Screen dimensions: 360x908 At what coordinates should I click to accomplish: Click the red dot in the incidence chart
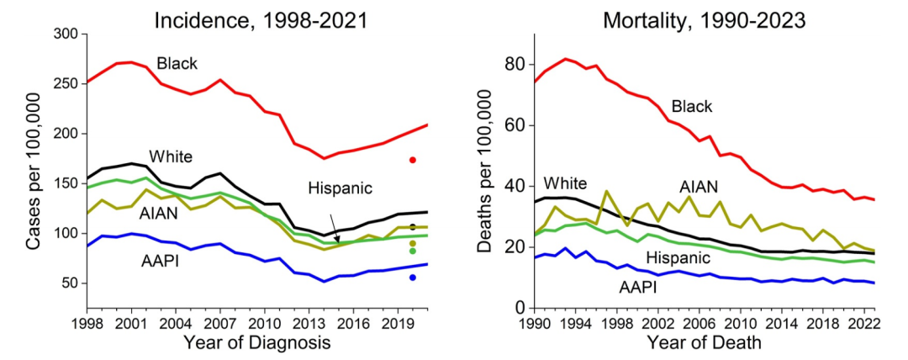pyautogui.click(x=413, y=160)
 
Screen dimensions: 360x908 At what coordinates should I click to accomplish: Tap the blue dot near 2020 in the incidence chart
pyautogui.click(x=413, y=278)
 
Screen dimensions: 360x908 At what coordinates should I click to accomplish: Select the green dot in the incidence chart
pyautogui.click(x=413, y=251)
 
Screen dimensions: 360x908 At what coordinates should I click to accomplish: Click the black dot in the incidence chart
pyautogui.click(x=413, y=227)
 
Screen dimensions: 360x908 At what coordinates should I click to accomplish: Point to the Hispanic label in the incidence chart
pyautogui.click(x=340, y=188)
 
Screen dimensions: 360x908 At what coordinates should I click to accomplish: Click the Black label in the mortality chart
pyautogui.click(x=691, y=106)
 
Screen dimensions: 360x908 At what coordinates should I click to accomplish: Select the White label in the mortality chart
pyautogui.click(x=565, y=183)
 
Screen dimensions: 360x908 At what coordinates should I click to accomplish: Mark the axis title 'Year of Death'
pyautogui.click(x=705, y=343)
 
